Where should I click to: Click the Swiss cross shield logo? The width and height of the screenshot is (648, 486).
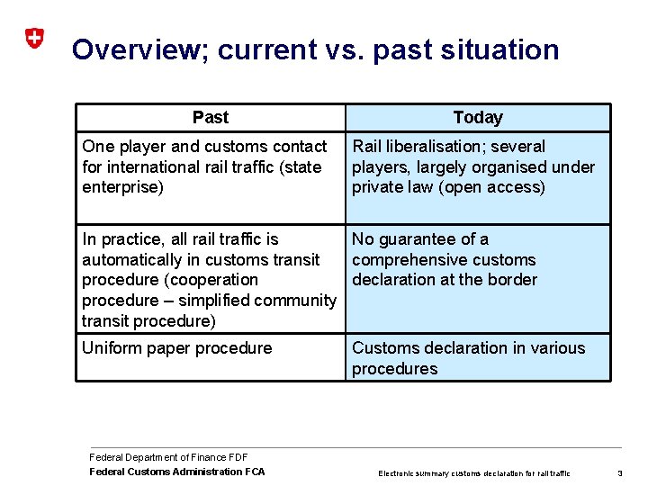pyautogui.click(x=33, y=38)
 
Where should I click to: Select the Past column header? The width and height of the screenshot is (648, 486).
pyautogui.click(x=210, y=118)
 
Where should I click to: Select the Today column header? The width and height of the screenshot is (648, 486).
pyautogui.click(x=478, y=118)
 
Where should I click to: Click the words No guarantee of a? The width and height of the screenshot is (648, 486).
pyautogui.click(x=419, y=238)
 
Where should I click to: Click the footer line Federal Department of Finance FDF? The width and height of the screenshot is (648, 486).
pyautogui.click(x=168, y=457)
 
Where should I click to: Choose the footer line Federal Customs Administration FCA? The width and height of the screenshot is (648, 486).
pyautogui.click(x=177, y=472)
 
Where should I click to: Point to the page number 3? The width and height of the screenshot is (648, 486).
pyautogui.click(x=620, y=472)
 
